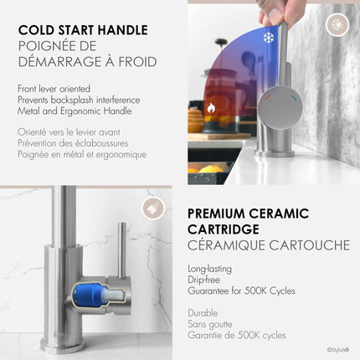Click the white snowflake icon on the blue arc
[268, 38]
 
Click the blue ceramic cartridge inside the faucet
[90, 292]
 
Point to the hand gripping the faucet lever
[276, 11]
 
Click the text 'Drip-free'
[207, 280]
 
